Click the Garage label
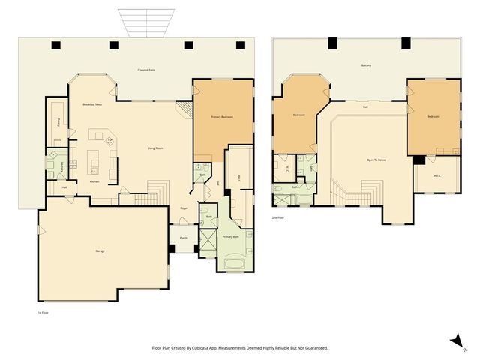pyautogui.click(x=99, y=250)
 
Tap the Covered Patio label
pyautogui.click(x=146, y=70)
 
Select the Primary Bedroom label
pyautogui.click(x=222, y=117)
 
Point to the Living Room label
pyautogui.click(x=155, y=148)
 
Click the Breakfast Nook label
pyautogui.click(x=92, y=104)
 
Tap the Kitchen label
pyautogui.click(x=94, y=181)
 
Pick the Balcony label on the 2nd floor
pyautogui.click(x=366, y=65)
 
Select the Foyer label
pyautogui.click(x=184, y=208)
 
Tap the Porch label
pyautogui.click(x=184, y=238)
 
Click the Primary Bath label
pyautogui.click(x=231, y=236)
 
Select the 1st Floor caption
pyautogui.click(x=43, y=312)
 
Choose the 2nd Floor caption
pyautogui.click(x=277, y=217)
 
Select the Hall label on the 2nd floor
pyautogui.click(x=365, y=107)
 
